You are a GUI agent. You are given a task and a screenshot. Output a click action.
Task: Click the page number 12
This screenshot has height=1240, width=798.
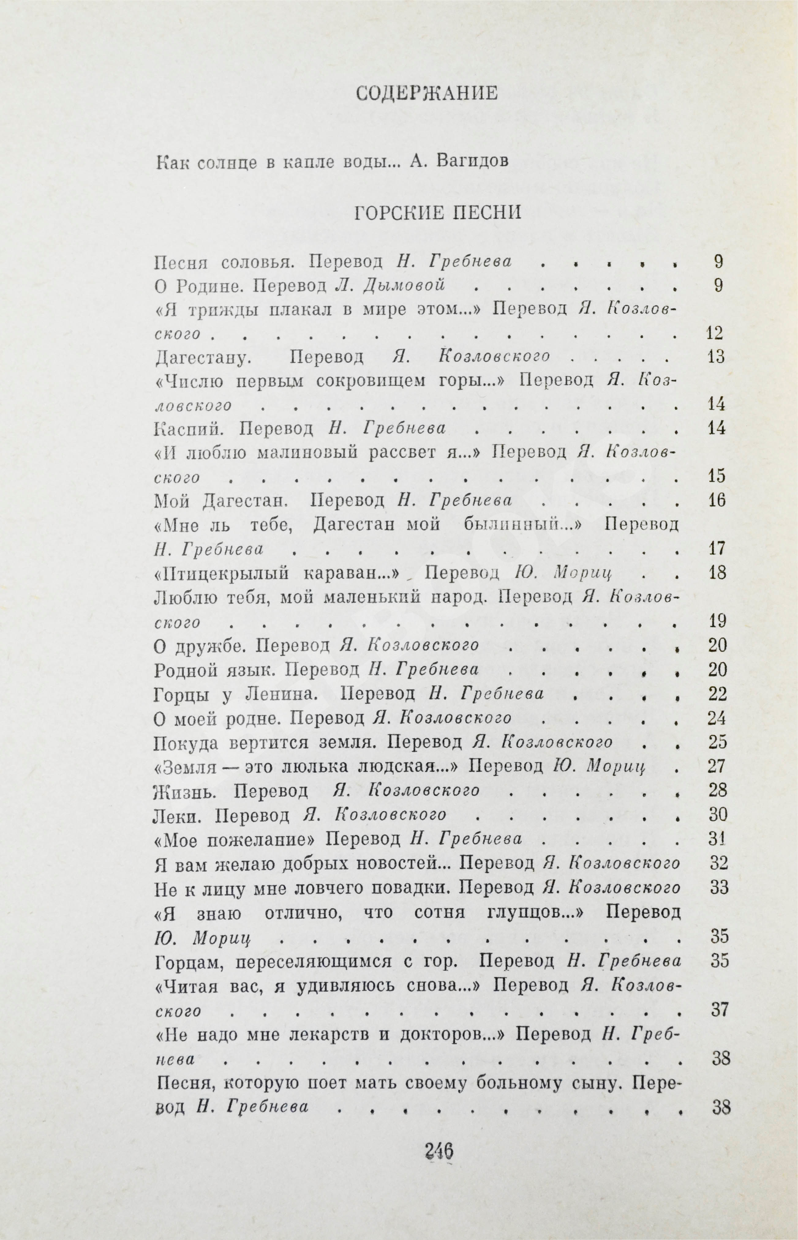(x=715, y=333)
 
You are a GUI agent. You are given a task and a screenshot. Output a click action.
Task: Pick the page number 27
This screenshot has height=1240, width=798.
(x=717, y=766)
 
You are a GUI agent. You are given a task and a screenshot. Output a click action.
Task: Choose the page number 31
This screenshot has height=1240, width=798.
(x=717, y=839)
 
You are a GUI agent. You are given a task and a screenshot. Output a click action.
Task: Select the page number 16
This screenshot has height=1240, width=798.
(x=716, y=501)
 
